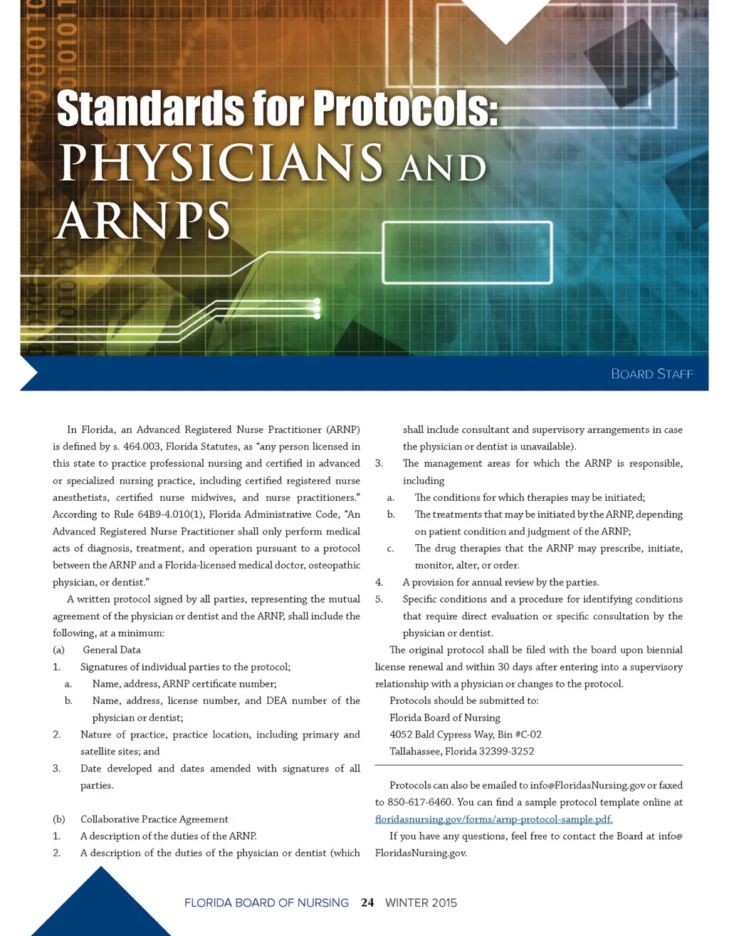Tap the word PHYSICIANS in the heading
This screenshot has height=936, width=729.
[221, 163]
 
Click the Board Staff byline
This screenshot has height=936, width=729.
[651, 374]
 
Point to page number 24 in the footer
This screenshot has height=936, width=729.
[367, 903]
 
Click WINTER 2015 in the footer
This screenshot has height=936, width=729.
[421, 903]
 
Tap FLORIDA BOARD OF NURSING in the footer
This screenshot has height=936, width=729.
[266, 903]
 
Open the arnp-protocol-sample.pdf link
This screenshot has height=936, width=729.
[493, 819]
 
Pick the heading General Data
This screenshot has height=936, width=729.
[112, 650]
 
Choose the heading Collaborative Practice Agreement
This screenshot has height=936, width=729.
[154, 819]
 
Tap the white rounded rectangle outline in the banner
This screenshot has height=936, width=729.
[468, 253]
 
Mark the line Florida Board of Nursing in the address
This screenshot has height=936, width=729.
[445, 717]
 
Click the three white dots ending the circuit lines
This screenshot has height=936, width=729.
[317, 308]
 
